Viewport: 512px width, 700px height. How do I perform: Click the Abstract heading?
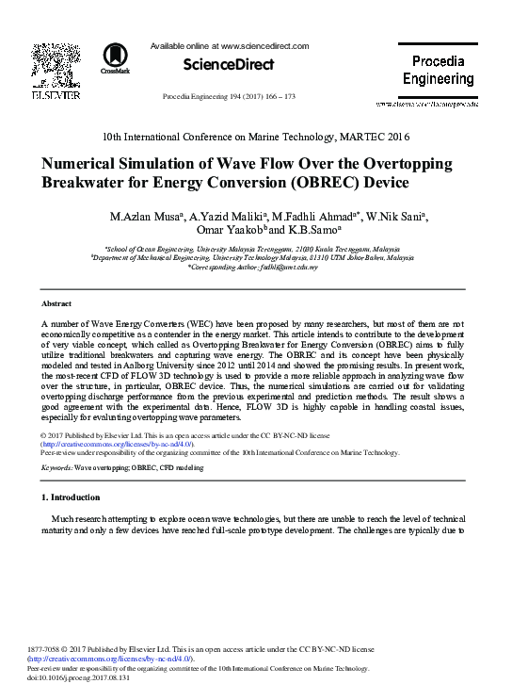click(x=56, y=304)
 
